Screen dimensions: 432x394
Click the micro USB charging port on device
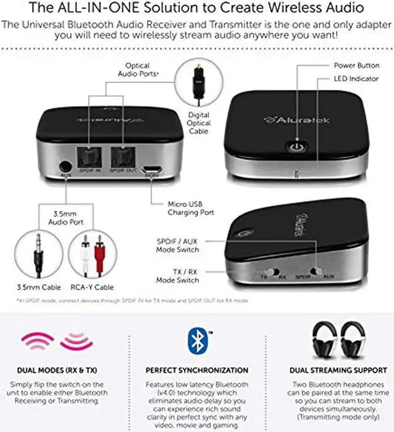tap(149, 169)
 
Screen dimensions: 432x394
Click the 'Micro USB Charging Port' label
tap(191, 208)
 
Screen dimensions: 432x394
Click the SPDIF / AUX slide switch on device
tap(317, 272)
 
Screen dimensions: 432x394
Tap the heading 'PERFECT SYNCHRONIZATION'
tap(197, 370)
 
